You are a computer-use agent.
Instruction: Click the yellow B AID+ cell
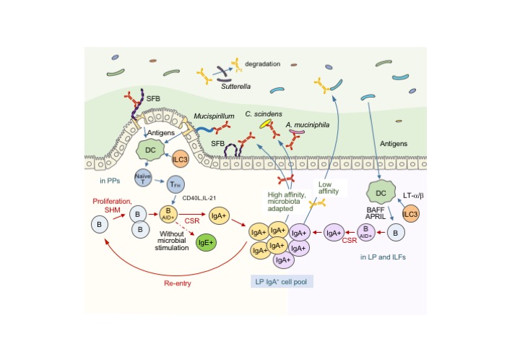tap(168, 215)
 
